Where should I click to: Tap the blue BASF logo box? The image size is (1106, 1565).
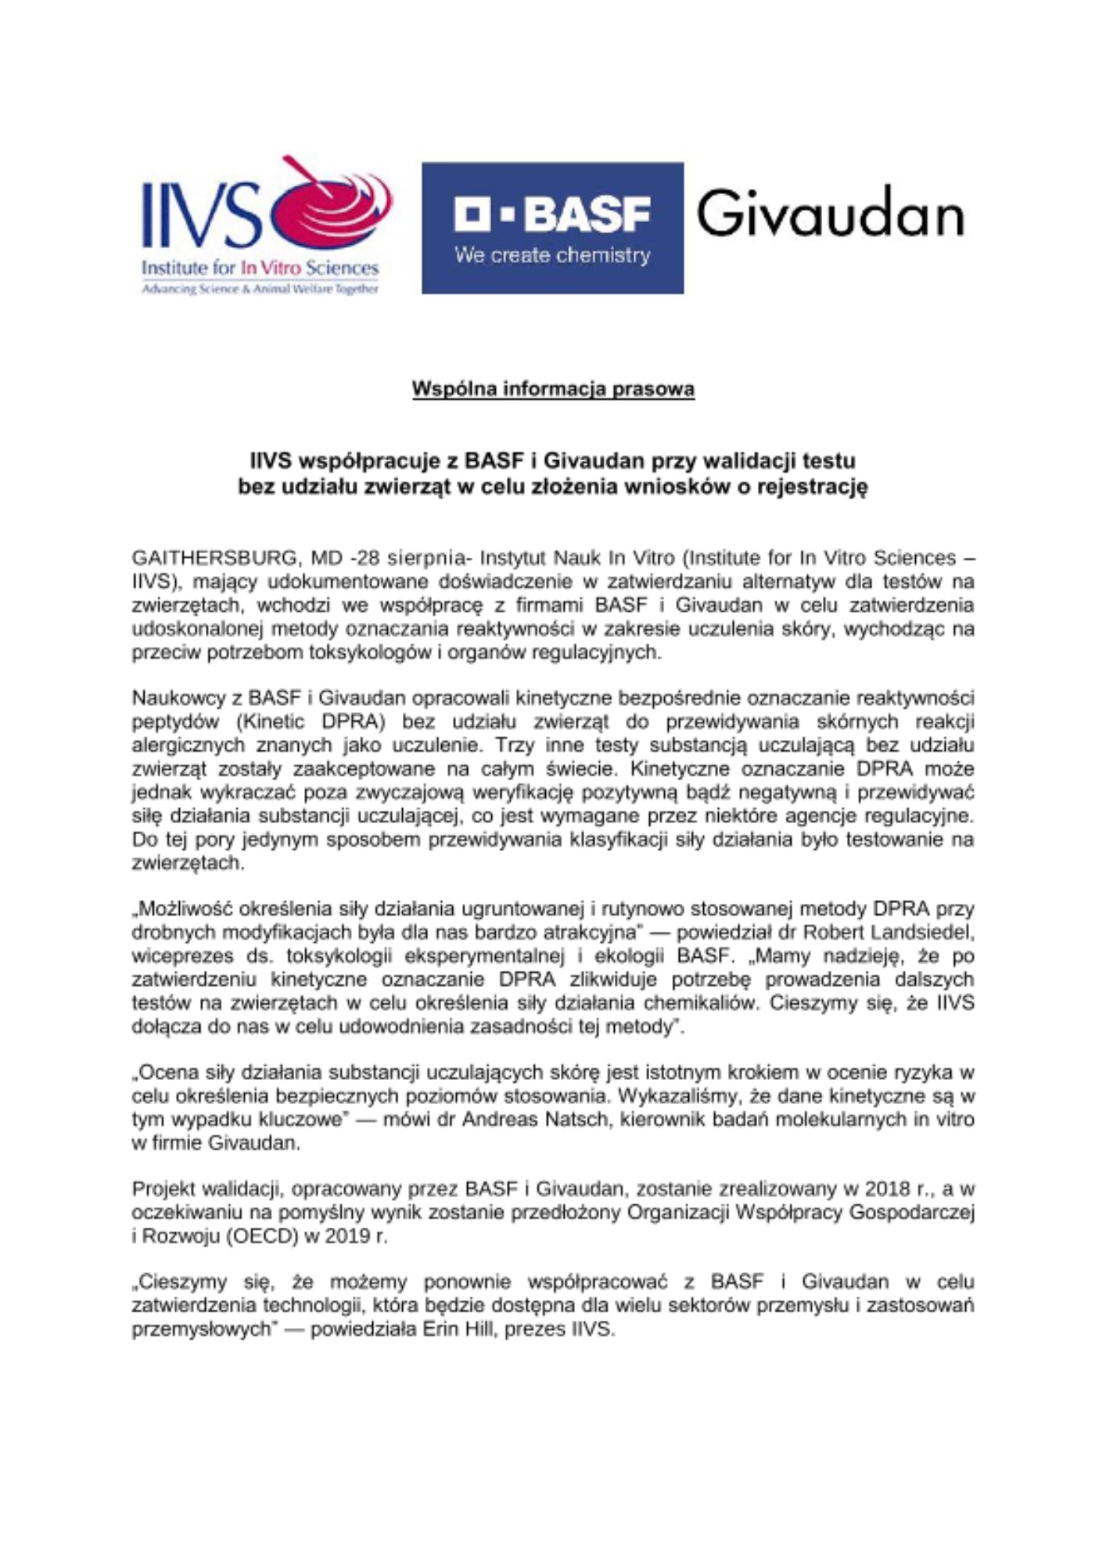click(552, 228)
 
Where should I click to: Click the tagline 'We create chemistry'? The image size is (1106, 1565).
click(552, 256)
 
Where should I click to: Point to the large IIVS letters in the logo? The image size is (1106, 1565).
click(201, 214)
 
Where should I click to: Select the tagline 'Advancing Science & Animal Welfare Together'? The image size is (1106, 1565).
click(260, 290)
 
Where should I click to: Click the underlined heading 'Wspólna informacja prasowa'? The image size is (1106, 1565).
click(553, 389)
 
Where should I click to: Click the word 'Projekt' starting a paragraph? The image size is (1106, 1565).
click(163, 1189)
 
